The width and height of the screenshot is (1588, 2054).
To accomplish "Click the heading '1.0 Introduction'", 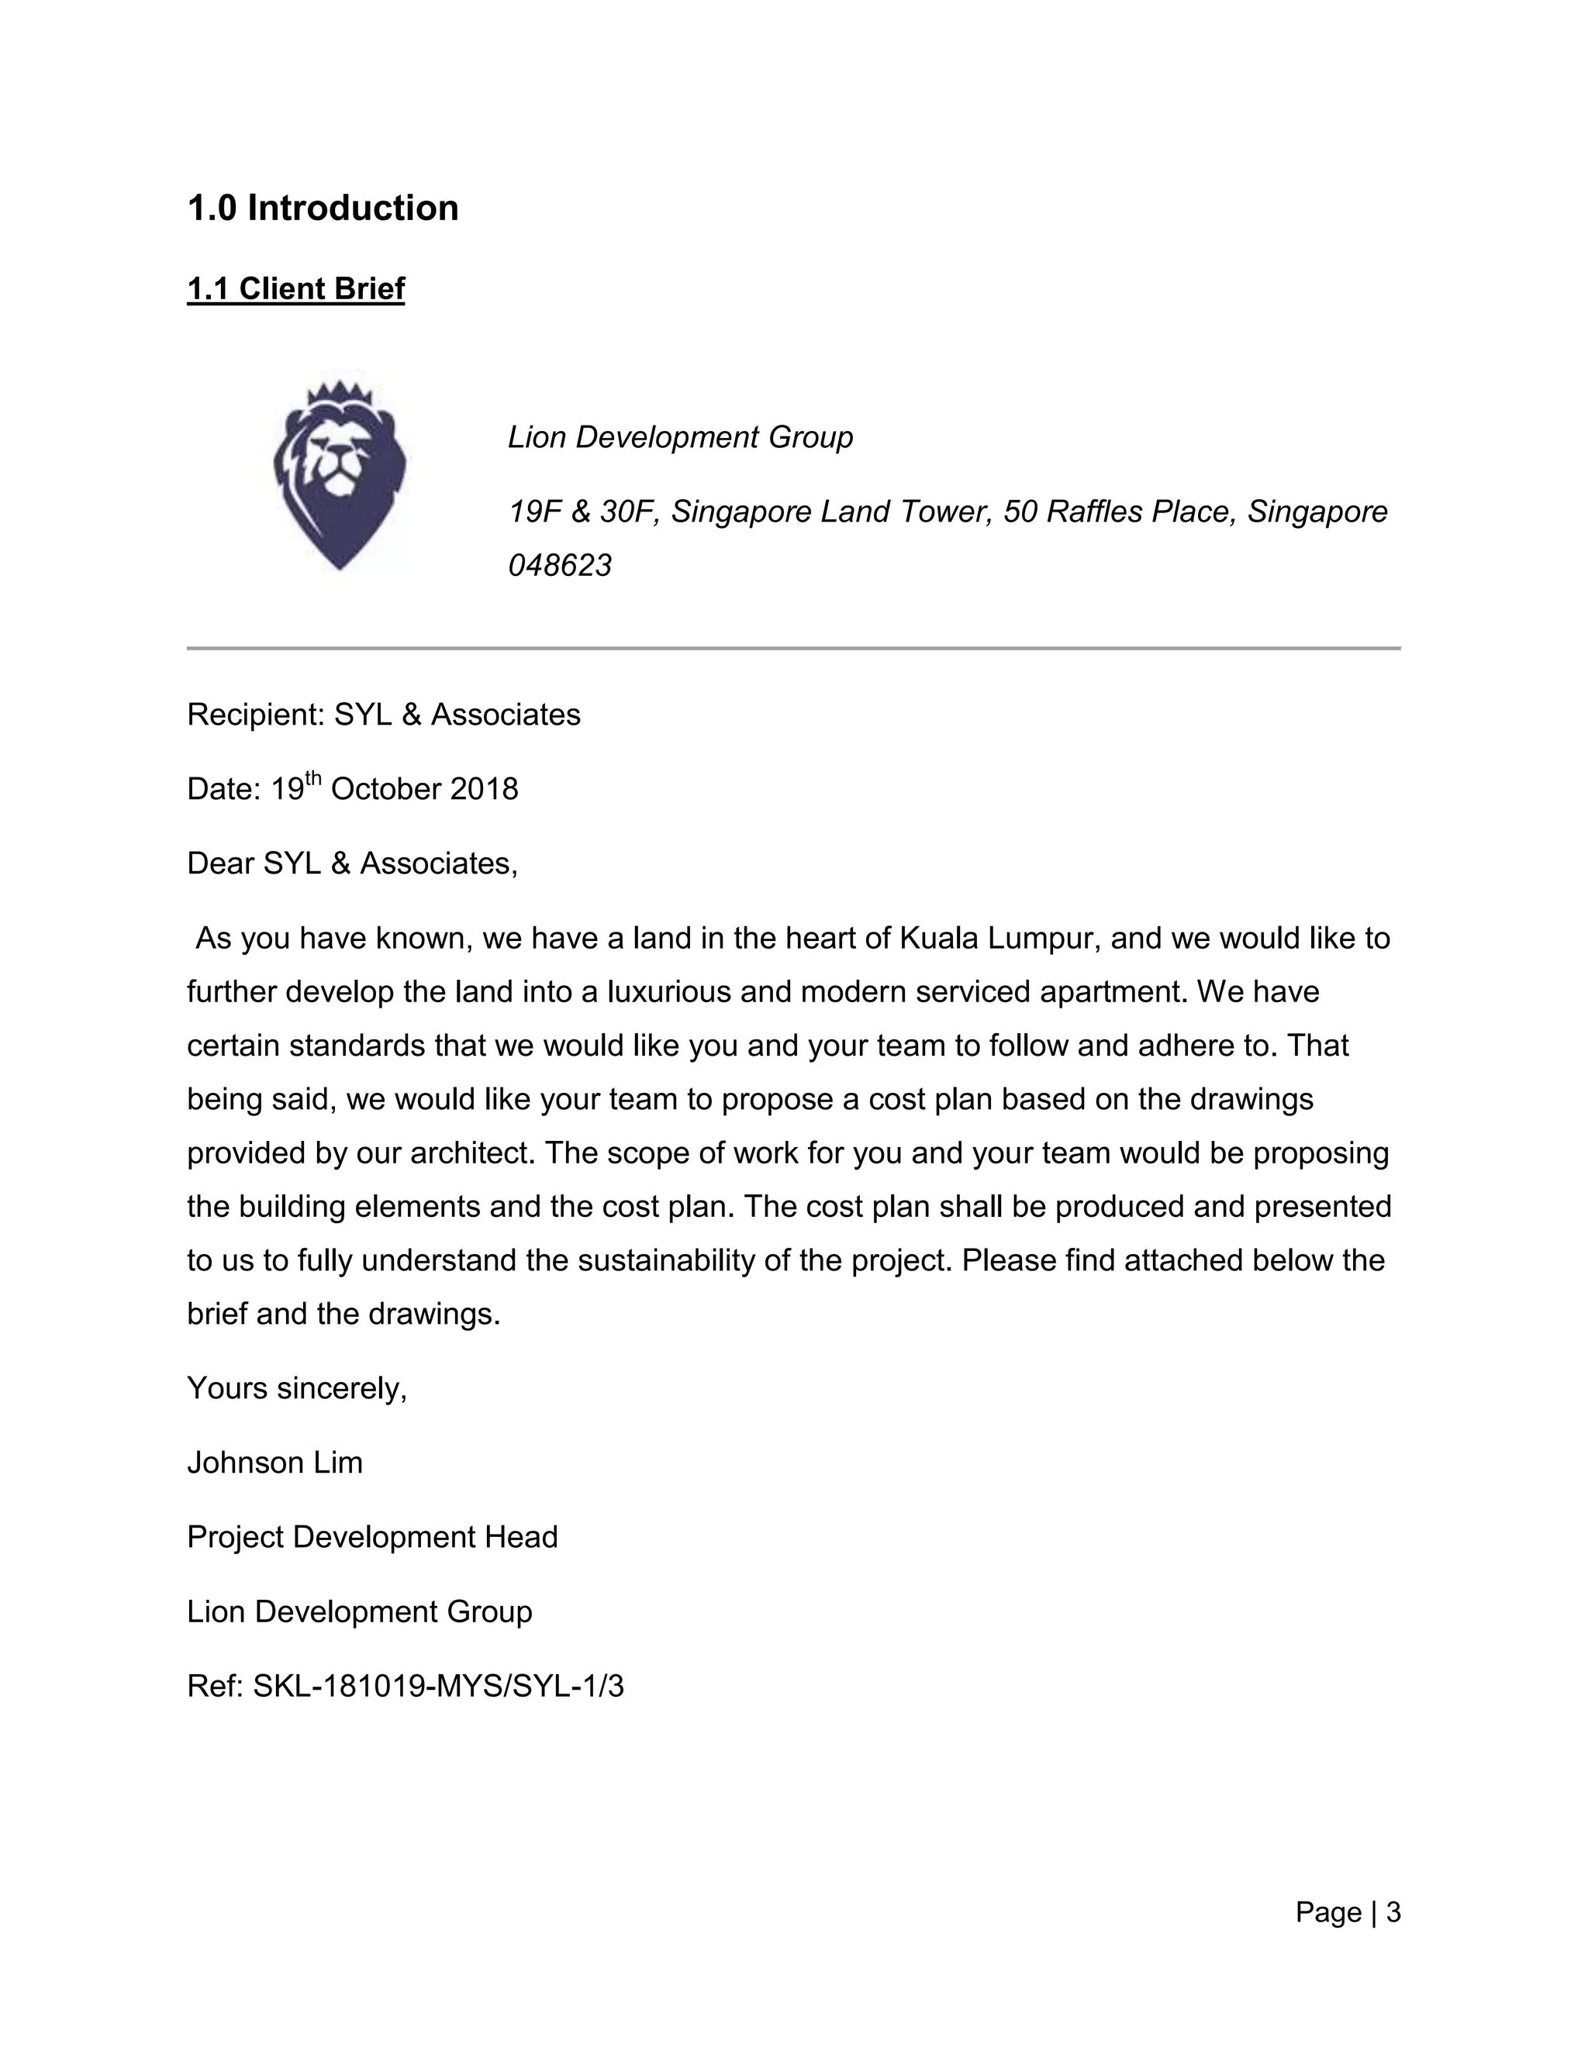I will click(x=323, y=208).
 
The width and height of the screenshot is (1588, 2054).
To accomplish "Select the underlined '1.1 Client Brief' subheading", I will click(x=295, y=289).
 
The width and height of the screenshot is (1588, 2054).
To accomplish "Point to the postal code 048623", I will click(x=560, y=565).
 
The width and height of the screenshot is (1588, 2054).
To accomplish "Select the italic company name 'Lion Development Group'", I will click(x=680, y=437).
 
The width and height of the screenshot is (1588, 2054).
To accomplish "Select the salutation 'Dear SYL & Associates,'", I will click(x=352, y=863).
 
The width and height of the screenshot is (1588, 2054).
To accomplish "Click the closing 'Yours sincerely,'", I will click(x=296, y=1388).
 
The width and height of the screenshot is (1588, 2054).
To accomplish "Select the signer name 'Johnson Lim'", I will click(x=274, y=1463).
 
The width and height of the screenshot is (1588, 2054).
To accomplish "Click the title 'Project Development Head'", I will click(x=372, y=1537).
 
